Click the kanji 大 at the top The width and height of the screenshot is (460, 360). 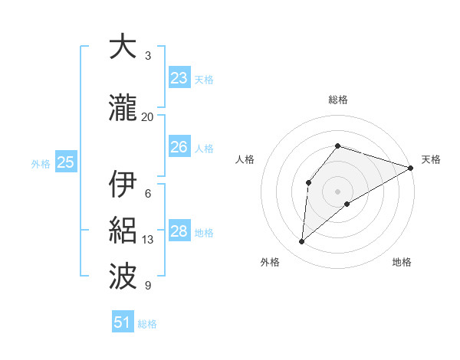coord(122,47)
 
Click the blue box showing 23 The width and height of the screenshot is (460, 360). coord(179,77)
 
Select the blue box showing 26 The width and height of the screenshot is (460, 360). coord(179,147)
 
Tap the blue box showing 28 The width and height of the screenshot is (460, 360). coord(179,231)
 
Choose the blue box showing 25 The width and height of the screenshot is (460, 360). coord(66,162)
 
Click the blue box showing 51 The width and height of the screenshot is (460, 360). coord(123,322)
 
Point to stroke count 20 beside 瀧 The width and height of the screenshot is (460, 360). coord(148,117)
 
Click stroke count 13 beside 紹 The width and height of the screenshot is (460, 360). coord(148,240)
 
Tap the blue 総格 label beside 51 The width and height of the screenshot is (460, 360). coord(147,324)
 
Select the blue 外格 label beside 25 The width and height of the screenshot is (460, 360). coord(41,163)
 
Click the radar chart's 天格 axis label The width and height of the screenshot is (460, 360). coord(431,159)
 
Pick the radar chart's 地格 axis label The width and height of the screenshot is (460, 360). coord(402,263)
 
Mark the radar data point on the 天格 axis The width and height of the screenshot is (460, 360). coord(410,168)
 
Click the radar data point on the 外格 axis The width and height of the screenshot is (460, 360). coord(302,242)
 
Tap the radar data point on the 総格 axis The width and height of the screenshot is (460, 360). coord(337,146)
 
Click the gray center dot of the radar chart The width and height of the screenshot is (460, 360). coord(337,191)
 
